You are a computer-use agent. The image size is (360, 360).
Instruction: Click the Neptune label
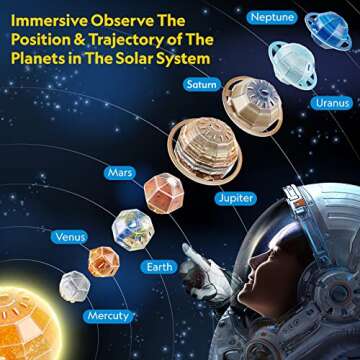[x=272, y=18]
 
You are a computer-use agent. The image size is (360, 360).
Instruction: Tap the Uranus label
[x=331, y=102]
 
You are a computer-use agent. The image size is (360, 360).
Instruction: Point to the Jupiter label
[x=236, y=198]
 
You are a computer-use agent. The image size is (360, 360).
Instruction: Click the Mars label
[x=121, y=173]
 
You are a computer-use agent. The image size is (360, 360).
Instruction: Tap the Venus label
[x=70, y=237]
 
